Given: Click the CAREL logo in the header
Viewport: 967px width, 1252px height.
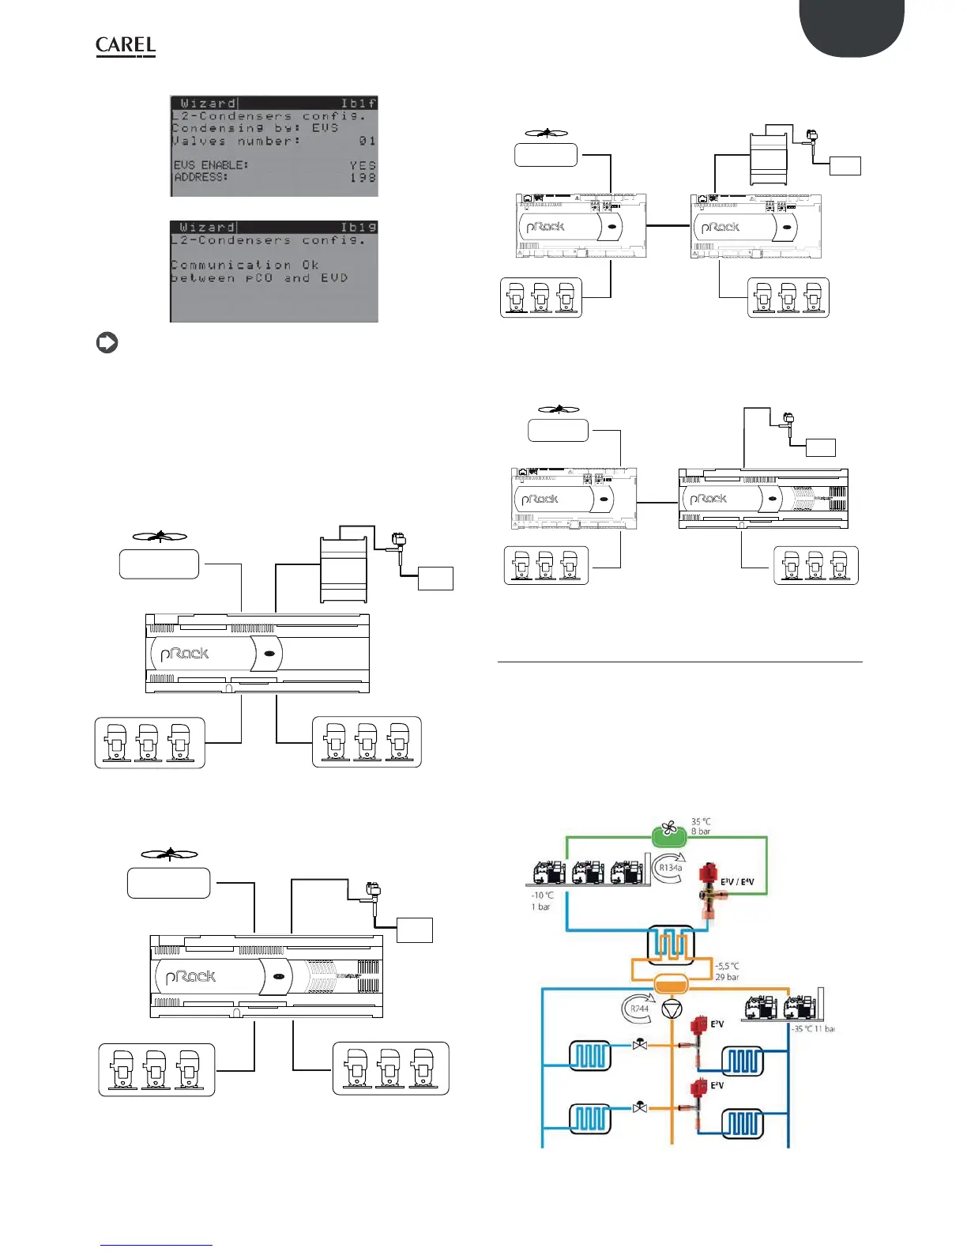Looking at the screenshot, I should tap(126, 47).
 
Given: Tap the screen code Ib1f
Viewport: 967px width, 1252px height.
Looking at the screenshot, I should tap(358, 104).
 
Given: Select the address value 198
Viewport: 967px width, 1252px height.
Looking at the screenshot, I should tap(363, 178).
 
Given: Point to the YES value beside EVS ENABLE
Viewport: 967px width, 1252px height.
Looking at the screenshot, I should tap(363, 165).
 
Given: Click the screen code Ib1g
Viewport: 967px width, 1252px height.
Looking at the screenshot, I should tap(358, 228).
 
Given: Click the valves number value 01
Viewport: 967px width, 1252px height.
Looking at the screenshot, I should tap(367, 141).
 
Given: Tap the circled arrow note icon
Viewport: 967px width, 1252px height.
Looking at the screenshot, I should tap(107, 343).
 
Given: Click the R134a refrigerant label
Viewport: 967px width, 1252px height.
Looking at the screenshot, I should tap(670, 868).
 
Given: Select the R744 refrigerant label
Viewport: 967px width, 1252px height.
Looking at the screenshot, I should tap(639, 1009).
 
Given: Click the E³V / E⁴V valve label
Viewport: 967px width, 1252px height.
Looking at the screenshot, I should tap(737, 882).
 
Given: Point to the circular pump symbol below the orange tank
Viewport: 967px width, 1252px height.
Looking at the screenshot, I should tap(672, 1009).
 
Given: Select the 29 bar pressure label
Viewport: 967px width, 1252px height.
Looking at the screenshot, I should tap(727, 978).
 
